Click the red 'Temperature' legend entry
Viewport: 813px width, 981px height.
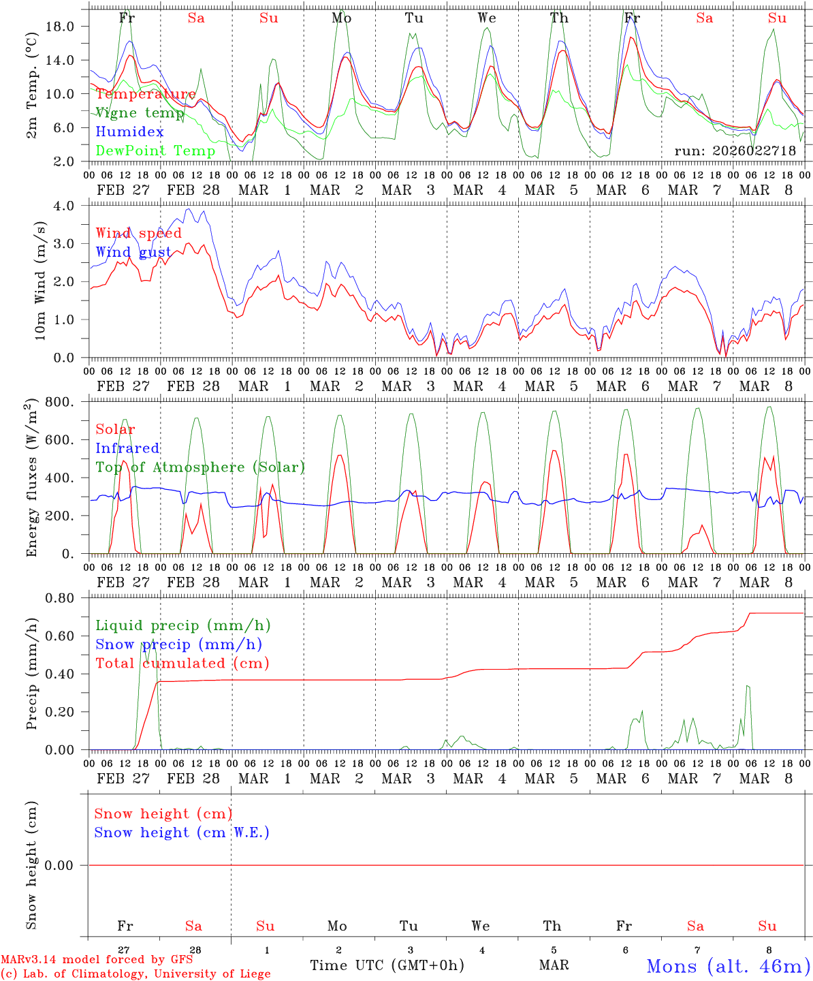(146, 94)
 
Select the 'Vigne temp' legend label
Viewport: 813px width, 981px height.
(140, 113)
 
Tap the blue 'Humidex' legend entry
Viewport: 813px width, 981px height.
(129, 131)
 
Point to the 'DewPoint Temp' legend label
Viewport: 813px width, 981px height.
(155, 151)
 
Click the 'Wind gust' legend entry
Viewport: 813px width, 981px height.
(133, 252)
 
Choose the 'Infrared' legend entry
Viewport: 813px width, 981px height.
(127, 448)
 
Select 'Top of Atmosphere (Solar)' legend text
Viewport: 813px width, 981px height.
(200, 467)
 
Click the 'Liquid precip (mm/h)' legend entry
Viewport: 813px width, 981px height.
(183, 625)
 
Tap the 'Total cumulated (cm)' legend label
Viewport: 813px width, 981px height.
(182, 663)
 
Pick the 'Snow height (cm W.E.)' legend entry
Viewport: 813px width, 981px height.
(182, 832)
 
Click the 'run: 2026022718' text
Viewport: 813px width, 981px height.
(735, 151)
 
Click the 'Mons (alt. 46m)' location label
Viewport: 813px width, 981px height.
(728, 966)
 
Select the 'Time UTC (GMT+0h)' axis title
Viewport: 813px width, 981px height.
(387, 965)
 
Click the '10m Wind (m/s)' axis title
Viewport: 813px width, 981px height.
(40, 281)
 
